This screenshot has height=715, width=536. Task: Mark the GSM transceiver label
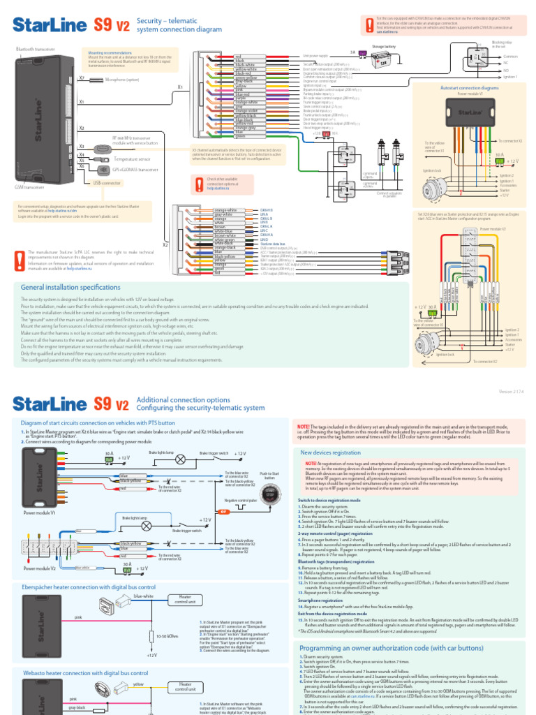click(29, 187)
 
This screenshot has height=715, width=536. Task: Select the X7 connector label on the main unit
click(82, 79)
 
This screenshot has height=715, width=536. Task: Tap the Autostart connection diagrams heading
click(470, 89)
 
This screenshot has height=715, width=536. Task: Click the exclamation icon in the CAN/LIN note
click(368, 24)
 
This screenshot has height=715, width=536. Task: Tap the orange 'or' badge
click(225, 512)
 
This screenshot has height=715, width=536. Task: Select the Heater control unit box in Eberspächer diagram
click(185, 599)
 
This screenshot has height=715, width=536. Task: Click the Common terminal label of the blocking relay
click(511, 55)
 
